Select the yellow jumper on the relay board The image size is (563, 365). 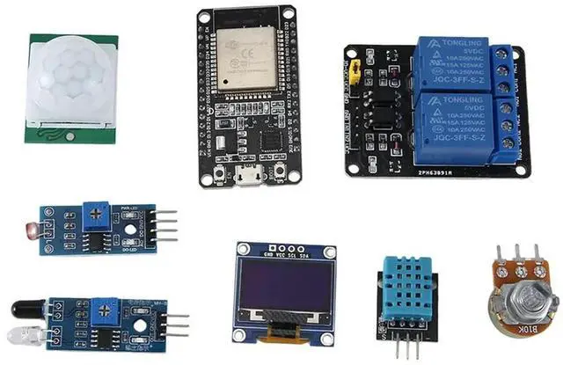(x=356, y=71)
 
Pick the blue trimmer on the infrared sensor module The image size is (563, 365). (x=109, y=308)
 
